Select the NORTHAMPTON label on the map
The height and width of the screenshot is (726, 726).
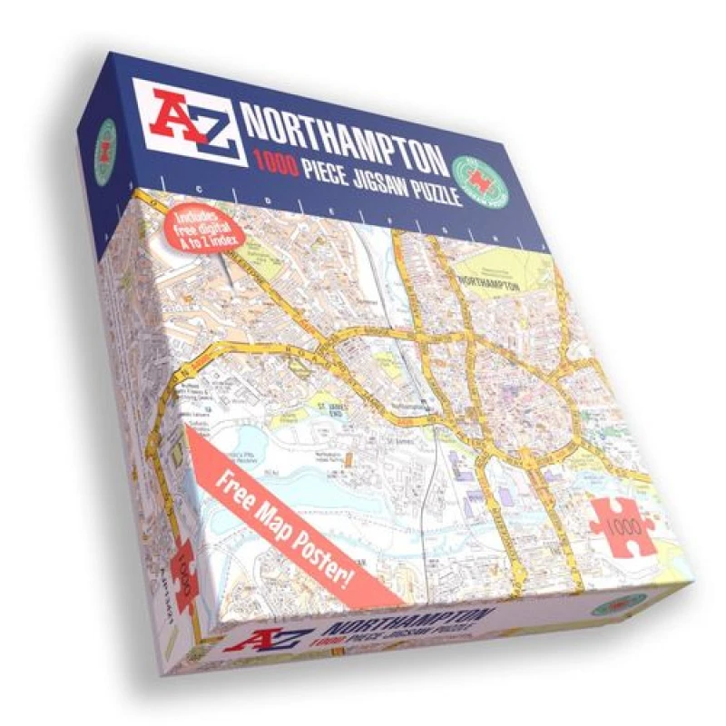tap(490, 283)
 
